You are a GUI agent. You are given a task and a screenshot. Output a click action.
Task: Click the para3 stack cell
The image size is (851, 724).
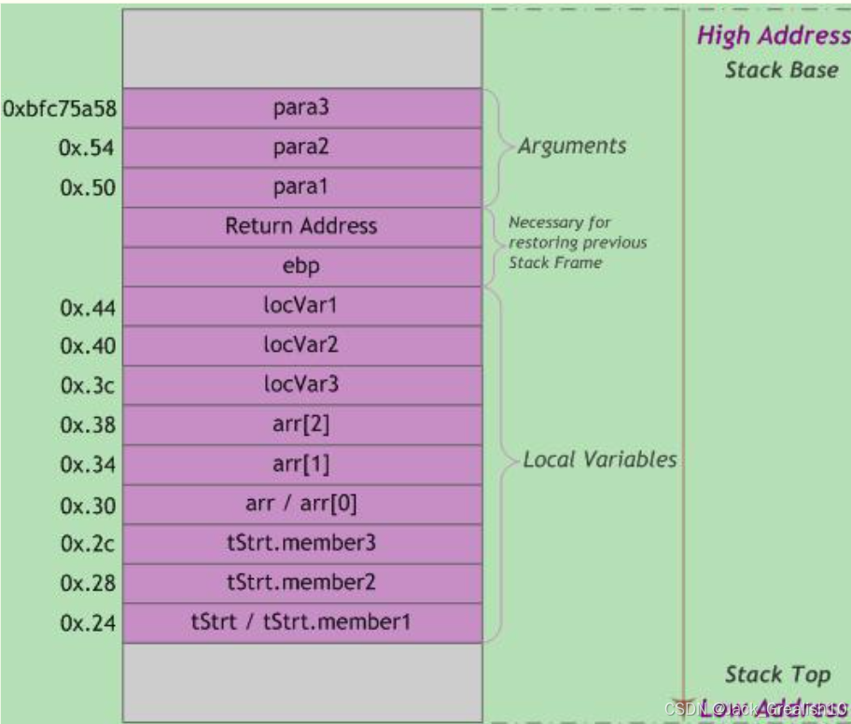coord(302,108)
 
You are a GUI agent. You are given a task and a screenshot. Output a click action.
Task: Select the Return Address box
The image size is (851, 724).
coord(302,227)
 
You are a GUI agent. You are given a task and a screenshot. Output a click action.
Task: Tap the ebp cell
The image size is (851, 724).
coord(302,267)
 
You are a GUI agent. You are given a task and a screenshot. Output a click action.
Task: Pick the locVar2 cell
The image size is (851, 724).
coord(302,345)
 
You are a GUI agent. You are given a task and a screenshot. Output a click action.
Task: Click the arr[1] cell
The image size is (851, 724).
coord(302,465)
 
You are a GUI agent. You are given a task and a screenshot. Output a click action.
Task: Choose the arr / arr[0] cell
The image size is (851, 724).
coord(302,505)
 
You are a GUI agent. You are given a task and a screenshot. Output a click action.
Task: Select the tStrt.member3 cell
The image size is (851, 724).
coord(302,544)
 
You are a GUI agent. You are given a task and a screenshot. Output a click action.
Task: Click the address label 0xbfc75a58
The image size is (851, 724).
coord(60,109)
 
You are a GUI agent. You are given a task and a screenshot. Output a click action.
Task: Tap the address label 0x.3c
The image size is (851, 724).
coord(88,385)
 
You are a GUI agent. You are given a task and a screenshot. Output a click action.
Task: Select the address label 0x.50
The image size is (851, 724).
coord(88,188)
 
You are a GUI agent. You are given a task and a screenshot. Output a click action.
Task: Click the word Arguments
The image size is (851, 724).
coord(572,146)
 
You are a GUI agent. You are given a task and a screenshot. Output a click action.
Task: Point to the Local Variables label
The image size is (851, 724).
coord(599,460)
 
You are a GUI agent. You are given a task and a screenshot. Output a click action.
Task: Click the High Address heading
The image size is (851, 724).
coord(773,36)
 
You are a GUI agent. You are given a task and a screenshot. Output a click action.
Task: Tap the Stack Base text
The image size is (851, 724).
coord(781,70)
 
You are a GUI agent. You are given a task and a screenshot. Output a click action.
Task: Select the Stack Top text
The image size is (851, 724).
coord(777,675)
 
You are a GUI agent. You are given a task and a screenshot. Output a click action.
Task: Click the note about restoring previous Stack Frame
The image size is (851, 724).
coord(577,243)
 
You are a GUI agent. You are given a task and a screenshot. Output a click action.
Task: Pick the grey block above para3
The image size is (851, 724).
coord(302,49)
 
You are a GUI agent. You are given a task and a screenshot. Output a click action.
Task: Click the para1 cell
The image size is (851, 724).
coord(302,188)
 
